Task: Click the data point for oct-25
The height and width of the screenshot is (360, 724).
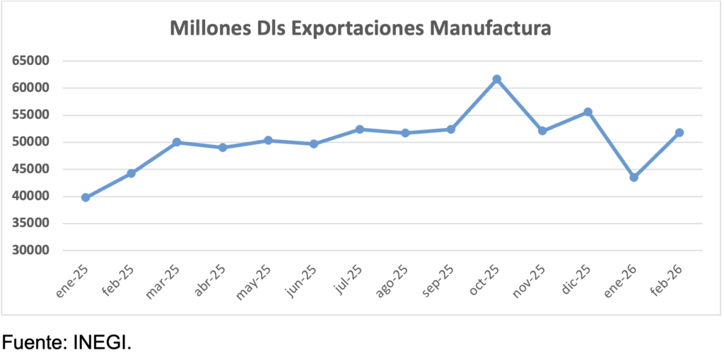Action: click(x=496, y=79)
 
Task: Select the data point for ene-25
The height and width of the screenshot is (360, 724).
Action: click(x=86, y=197)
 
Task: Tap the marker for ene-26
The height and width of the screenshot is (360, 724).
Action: click(x=633, y=178)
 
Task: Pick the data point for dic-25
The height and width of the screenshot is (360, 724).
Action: click(x=588, y=112)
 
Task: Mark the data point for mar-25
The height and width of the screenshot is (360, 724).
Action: click(x=177, y=142)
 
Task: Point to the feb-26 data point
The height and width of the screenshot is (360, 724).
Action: click(x=679, y=132)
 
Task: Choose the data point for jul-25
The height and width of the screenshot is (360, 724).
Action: click(x=359, y=129)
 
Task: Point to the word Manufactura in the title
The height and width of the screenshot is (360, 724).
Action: click(x=491, y=29)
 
